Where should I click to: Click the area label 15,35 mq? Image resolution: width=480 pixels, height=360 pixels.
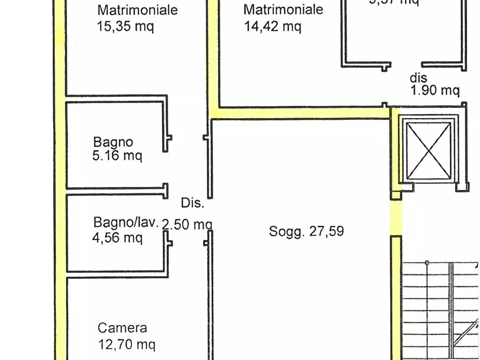coord(126,26)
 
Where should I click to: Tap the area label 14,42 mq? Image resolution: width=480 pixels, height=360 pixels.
coord(272,26)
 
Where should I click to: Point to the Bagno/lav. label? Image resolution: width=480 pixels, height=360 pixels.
coord(126,222)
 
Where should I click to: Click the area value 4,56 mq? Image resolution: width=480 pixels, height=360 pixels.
coord(118,237)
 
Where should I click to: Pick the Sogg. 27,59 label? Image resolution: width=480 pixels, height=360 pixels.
coord(306,232)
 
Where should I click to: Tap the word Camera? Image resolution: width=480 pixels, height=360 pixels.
coord(123,328)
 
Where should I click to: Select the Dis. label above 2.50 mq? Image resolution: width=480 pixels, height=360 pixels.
coord(192,203)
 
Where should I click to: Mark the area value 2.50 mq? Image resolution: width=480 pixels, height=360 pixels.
coord(187,225)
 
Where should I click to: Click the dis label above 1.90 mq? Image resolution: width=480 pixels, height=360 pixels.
coord(418,78)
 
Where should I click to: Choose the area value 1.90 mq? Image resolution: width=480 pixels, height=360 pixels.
coord(435,90)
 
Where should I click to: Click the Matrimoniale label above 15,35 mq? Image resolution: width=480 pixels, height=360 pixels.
coord(138,10)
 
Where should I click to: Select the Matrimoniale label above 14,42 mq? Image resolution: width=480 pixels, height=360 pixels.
coord(283,10)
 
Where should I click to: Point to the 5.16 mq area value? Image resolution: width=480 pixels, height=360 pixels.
coord(118,156)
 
